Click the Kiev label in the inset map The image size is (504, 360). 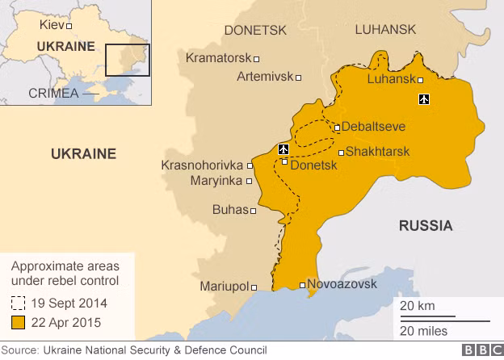(x=52, y=25)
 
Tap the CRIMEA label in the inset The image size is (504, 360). (x=53, y=93)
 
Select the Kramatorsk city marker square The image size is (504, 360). (x=257, y=59)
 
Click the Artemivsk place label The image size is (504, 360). (x=264, y=77)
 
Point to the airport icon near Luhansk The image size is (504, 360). (x=424, y=99)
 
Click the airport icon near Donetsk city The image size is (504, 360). (x=283, y=149)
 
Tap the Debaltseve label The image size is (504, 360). (x=373, y=127)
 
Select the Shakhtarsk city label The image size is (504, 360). (x=377, y=152)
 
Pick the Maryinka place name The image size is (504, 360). (x=216, y=181)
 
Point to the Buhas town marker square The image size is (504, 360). (x=254, y=211)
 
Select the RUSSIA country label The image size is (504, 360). (x=425, y=226)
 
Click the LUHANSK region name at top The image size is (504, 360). (x=385, y=30)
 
